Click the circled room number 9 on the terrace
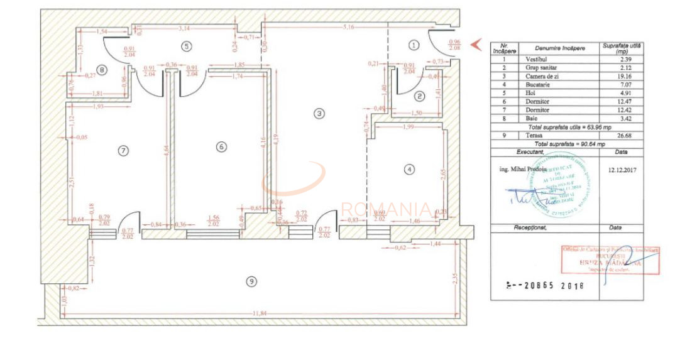[x=251, y=281]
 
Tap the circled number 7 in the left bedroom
[x=123, y=150]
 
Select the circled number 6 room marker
[x=221, y=146]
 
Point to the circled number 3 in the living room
[x=319, y=114]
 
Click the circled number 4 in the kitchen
[x=410, y=168]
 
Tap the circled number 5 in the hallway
[x=185, y=45]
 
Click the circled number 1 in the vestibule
[x=413, y=45]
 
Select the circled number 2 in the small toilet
[x=420, y=96]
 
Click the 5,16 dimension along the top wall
[x=348, y=28]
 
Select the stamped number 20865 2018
[x=546, y=285]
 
